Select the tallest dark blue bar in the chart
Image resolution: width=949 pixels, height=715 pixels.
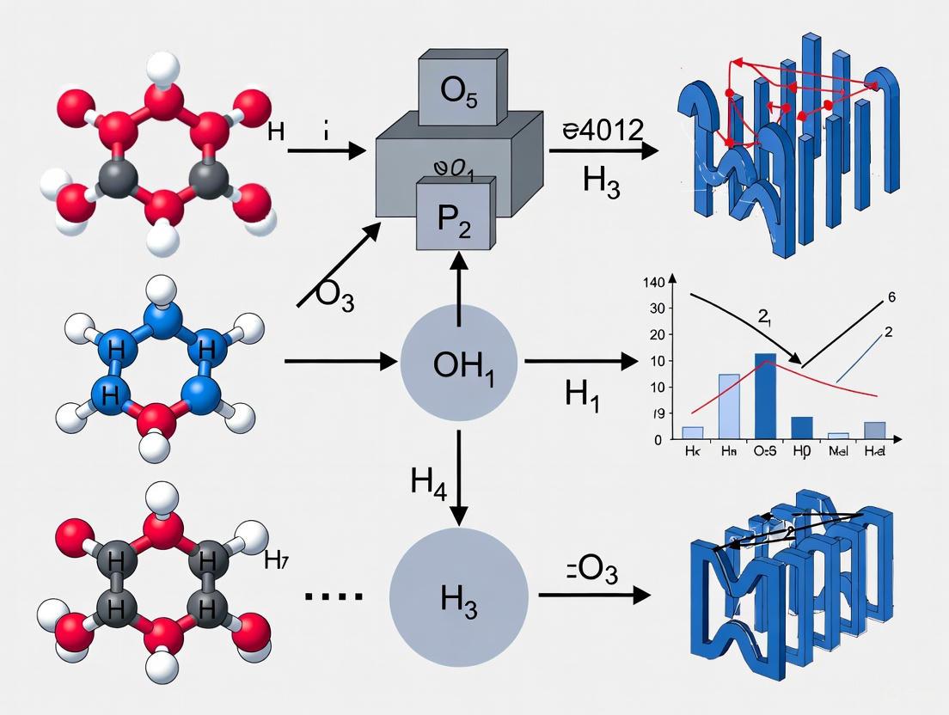[x=765, y=396]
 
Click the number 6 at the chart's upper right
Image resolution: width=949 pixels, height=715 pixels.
[x=891, y=296]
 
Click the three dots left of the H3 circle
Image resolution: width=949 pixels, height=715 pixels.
[x=335, y=596]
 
